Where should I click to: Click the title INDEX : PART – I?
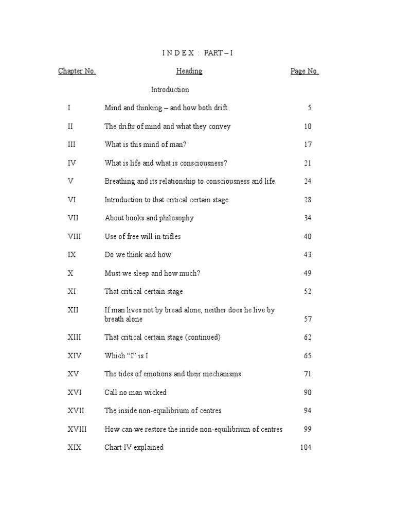pos(197,53)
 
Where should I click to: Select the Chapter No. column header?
pos(77,72)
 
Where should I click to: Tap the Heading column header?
pos(189,72)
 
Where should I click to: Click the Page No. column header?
pos(304,72)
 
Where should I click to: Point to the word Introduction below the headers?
pos(170,90)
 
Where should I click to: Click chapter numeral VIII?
pos(75,236)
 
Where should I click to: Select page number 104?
pos(306,447)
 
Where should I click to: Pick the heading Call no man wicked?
pos(135,392)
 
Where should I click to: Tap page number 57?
pos(308,319)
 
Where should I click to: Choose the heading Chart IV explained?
pos(134,447)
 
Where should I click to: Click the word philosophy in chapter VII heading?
pos(176,218)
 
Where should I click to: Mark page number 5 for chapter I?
pos(310,108)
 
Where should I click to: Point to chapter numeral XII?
pos(72,310)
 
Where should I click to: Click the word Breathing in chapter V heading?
pos(120,181)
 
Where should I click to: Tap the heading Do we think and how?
pos(138,255)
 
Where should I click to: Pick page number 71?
pos(308,374)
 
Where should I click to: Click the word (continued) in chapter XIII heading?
pos(203,337)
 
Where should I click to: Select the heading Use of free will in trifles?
pos(142,236)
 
